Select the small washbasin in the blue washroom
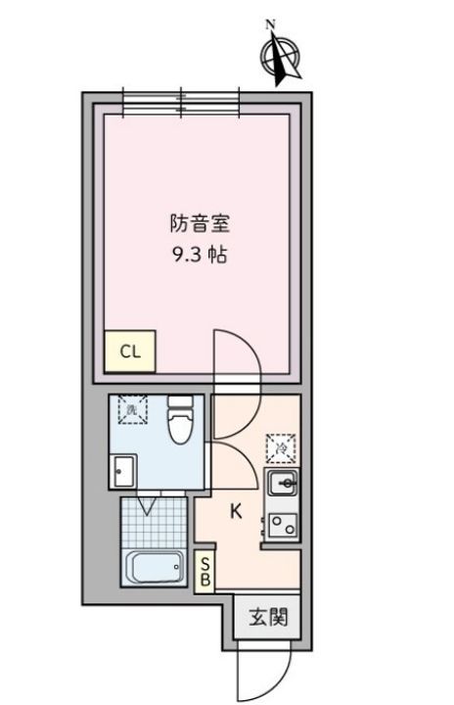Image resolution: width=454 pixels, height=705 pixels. point(122,472)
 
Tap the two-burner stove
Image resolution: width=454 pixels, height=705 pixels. point(282,527)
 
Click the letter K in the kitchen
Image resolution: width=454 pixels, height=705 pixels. point(237,510)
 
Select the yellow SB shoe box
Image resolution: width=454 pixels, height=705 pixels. point(205,572)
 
